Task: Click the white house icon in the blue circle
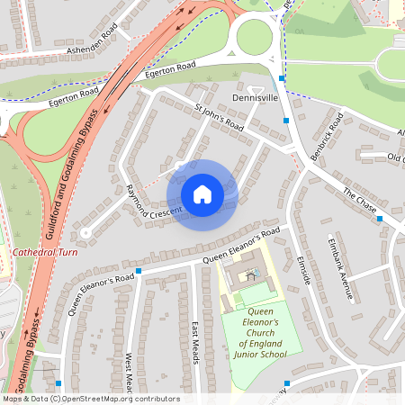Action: pyautogui.click(x=202, y=194)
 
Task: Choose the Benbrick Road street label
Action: pyautogui.click(x=328, y=137)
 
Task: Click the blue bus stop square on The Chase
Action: pyautogui.click(x=380, y=219)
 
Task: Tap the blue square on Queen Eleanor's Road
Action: pyautogui.click(x=139, y=270)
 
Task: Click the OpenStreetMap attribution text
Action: pyautogui.click(x=90, y=399)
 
